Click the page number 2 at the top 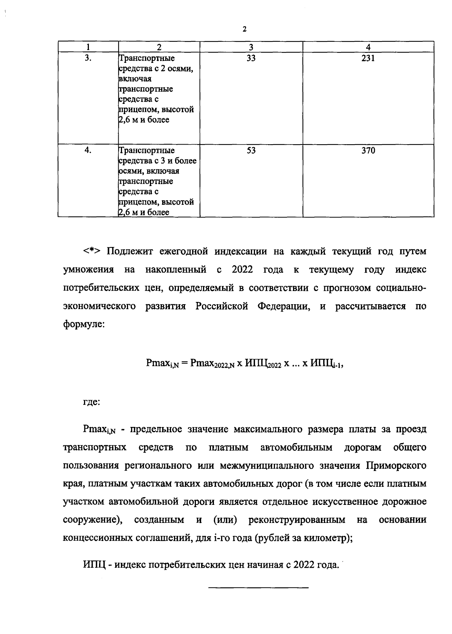coord(244,29)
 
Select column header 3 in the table coord(251,47)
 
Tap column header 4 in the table coord(368,47)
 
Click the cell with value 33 coord(251,58)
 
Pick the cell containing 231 coord(368,58)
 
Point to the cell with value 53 coord(251,151)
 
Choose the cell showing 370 coord(368,151)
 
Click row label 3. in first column coord(88,58)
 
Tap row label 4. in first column coord(88,150)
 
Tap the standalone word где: coord(92,402)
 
